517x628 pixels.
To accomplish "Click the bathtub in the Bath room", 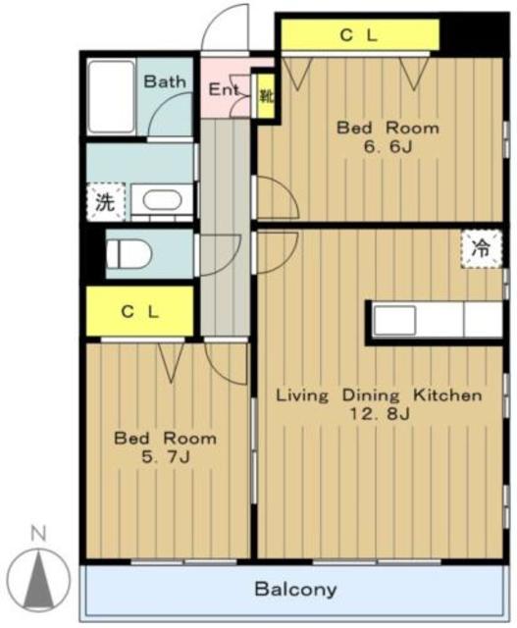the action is pos(111,96).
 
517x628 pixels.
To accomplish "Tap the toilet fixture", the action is pos(129,253).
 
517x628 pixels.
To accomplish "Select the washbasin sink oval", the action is pos(162,200).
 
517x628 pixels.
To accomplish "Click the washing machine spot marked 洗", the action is pos(105,202).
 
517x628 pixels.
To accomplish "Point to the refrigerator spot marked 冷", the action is pos(481,248).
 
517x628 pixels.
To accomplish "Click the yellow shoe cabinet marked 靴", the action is pos(266,96).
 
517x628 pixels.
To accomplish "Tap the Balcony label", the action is pos(295,590).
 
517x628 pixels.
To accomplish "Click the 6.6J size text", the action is pos(388,147).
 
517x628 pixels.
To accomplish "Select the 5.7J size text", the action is pos(165,456).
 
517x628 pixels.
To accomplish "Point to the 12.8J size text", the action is pos(380,413).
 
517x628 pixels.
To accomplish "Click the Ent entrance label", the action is pos(224,89).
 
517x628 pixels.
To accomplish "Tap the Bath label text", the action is pos(165,81).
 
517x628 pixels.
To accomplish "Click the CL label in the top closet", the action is pos(358,36).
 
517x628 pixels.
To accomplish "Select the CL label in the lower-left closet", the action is pos(139,312).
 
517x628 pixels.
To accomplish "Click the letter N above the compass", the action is pos(38,534).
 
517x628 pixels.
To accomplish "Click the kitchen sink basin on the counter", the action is pos(394,321).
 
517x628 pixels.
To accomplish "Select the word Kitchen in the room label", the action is pos(447,395).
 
